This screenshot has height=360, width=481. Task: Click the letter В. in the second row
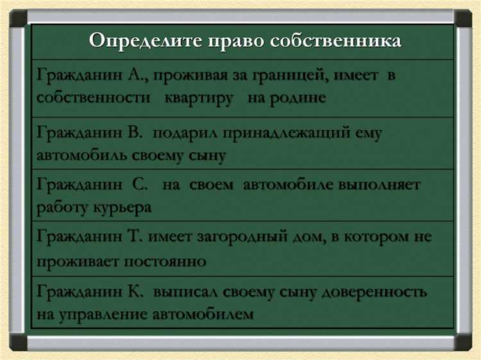click(x=135, y=133)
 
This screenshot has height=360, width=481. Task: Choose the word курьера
click(x=122, y=207)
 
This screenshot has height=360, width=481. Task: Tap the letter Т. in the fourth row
click(x=135, y=237)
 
